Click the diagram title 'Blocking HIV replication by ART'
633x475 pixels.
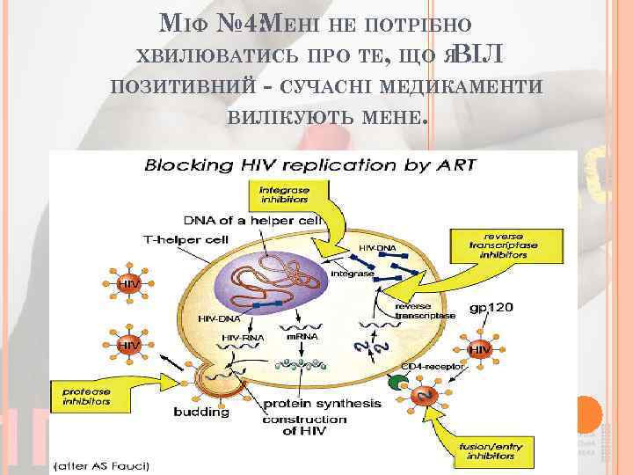coord(309,164)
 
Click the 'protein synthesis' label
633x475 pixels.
coord(323,404)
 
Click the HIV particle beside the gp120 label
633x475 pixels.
coord(479,349)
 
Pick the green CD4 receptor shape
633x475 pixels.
coord(397,383)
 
